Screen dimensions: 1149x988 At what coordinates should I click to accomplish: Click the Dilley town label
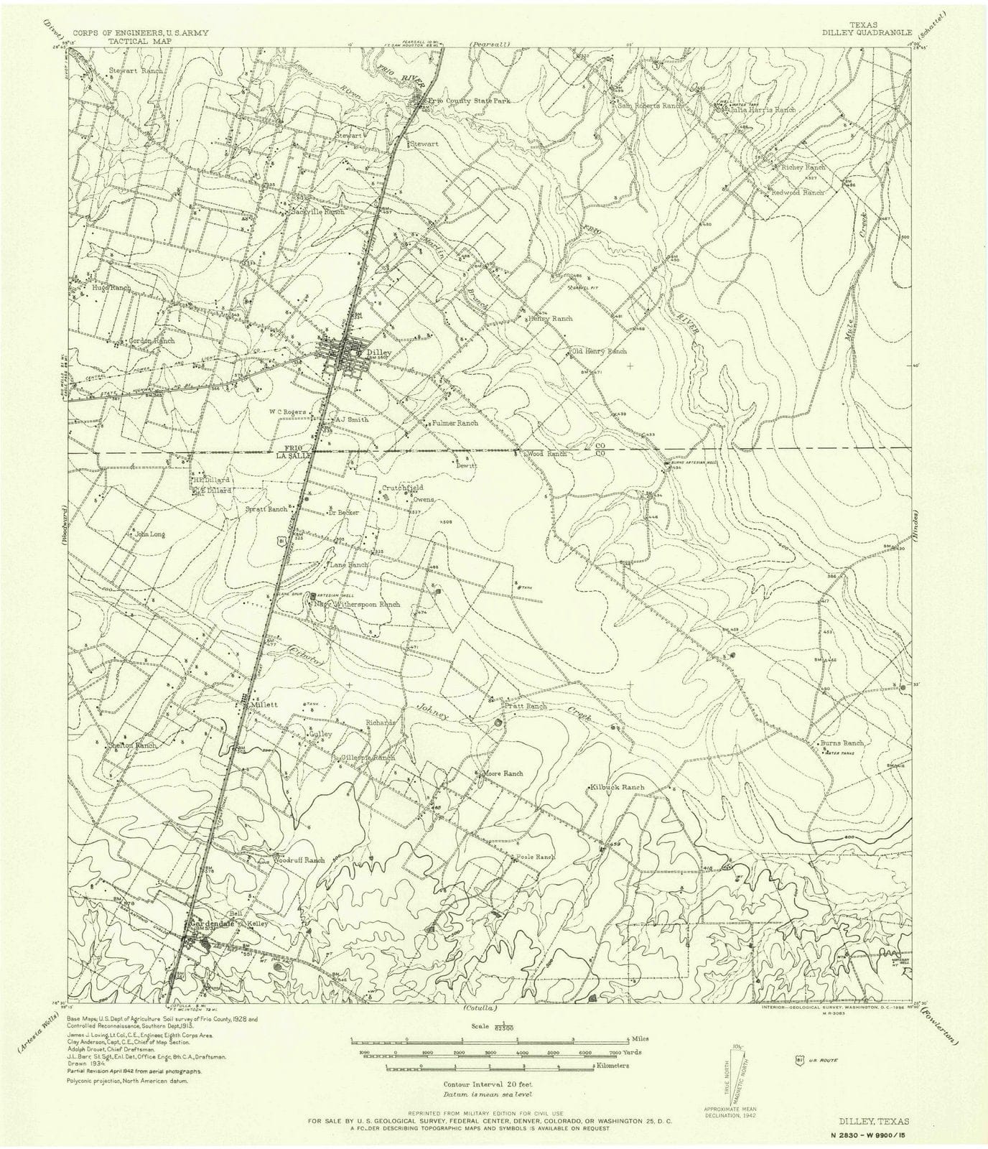pyautogui.click(x=377, y=353)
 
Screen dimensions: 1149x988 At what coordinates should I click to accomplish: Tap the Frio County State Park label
pyautogui.click(x=469, y=101)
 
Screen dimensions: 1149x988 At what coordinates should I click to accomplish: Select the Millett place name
pyautogui.click(x=263, y=705)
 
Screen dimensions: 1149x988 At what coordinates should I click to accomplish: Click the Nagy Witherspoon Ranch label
pyautogui.click(x=358, y=605)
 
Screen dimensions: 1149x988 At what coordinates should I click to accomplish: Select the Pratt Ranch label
pyautogui.click(x=526, y=707)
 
